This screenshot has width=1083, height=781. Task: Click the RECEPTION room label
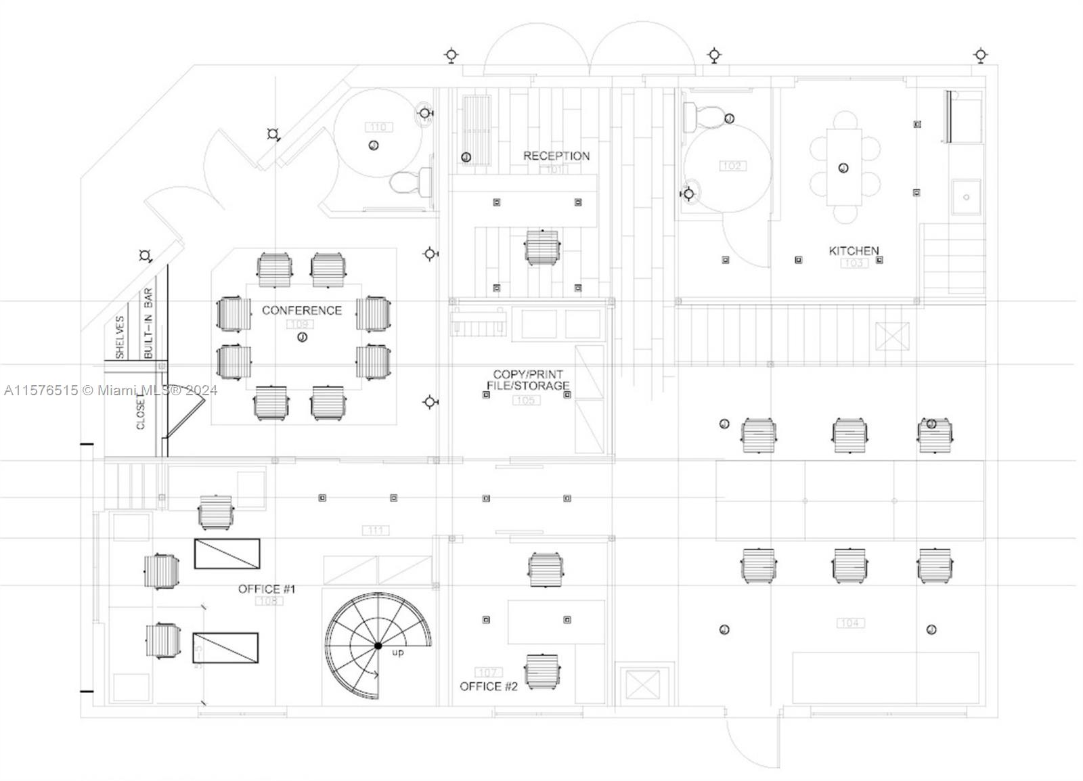point(556,156)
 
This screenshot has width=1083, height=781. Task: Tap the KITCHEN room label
point(854,250)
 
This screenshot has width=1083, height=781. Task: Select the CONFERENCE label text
point(301,310)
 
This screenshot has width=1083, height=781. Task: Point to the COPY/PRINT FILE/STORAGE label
point(528,380)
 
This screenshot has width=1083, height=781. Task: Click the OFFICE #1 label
point(267,589)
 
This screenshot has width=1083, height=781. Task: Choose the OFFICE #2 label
point(489,686)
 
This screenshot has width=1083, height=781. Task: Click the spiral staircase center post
point(378,646)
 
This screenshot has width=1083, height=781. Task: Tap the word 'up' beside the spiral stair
point(398,652)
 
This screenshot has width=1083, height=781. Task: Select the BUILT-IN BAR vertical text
point(148,323)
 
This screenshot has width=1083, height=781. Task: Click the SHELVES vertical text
point(120,337)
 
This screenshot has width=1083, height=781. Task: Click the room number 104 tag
point(850,623)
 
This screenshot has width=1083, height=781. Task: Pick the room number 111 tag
point(376,531)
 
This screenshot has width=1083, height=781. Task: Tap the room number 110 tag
point(378,127)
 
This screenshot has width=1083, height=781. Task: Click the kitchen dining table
point(843,167)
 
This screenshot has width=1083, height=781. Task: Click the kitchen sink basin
point(966,197)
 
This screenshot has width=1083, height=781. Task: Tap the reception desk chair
point(541,247)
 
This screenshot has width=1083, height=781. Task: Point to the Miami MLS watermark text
point(110,390)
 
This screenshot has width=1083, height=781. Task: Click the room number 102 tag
point(732,166)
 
